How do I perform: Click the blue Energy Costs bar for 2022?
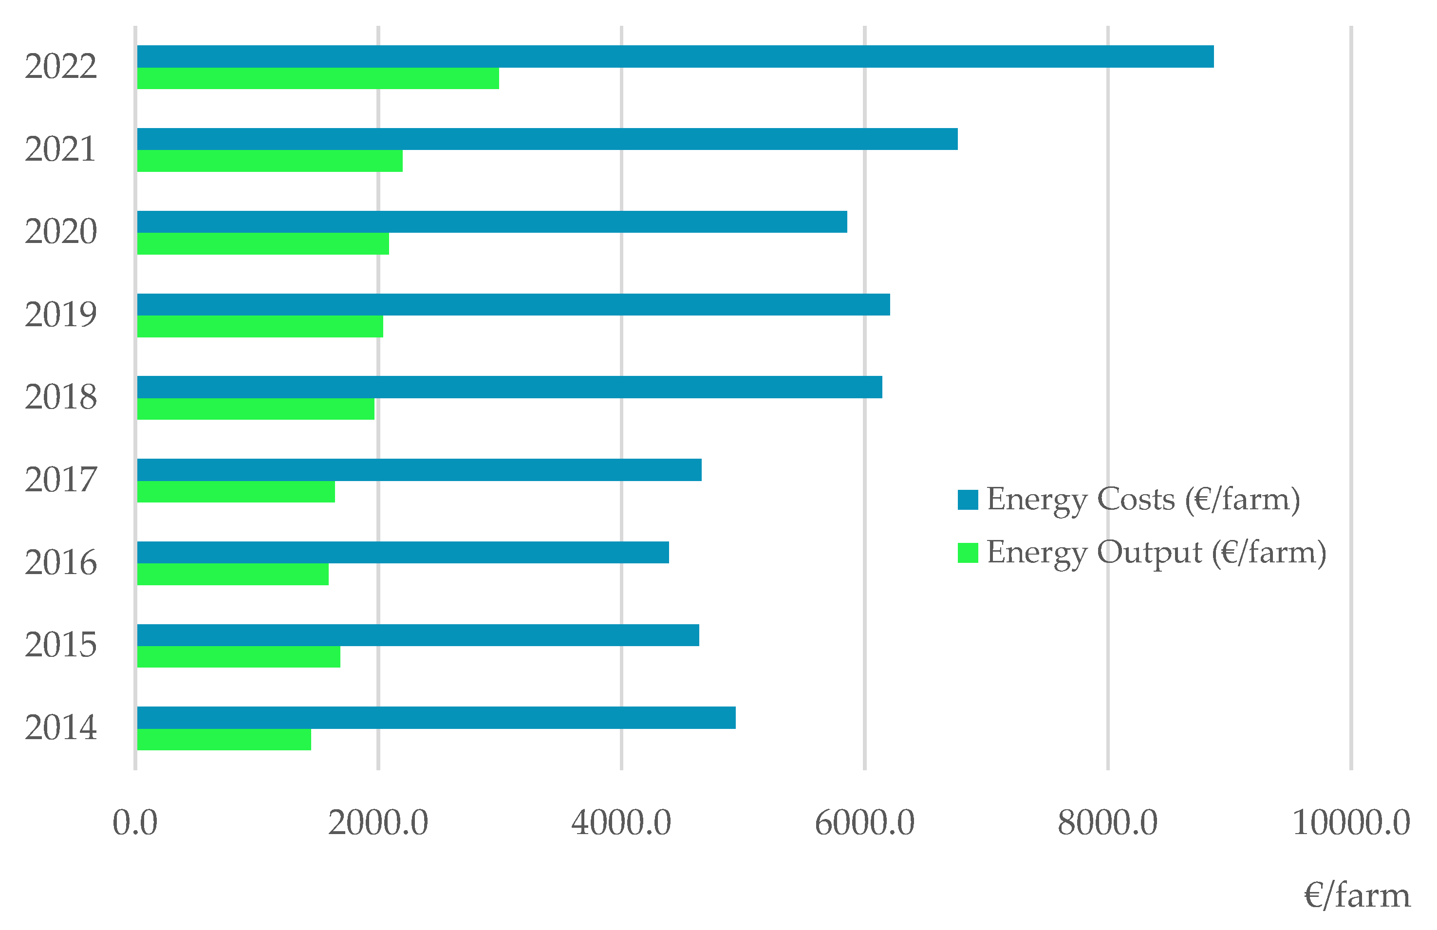tap(675, 56)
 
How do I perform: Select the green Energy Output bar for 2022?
tap(317, 78)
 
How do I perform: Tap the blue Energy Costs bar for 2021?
tap(547, 139)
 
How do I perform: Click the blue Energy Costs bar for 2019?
tap(513, 304)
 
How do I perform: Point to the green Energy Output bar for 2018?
tap(255, 409)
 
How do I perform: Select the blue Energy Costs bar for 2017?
tap(419, 470)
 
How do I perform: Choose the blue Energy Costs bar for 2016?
tap(403, 553)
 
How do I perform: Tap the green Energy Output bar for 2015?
tap(239, 657)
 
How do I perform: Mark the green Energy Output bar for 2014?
tap(224, 740)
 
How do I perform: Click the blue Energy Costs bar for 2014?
tap(436, 717)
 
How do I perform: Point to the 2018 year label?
tap(60, 397)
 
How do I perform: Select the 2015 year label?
tap(60, 645)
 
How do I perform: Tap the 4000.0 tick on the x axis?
tap(621, 823)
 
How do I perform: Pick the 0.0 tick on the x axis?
tap(135, 823)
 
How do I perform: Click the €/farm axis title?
tap(1357, 895)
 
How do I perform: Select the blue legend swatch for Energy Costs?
tap(967, 500)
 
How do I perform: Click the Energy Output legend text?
tap(1156, 553)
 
